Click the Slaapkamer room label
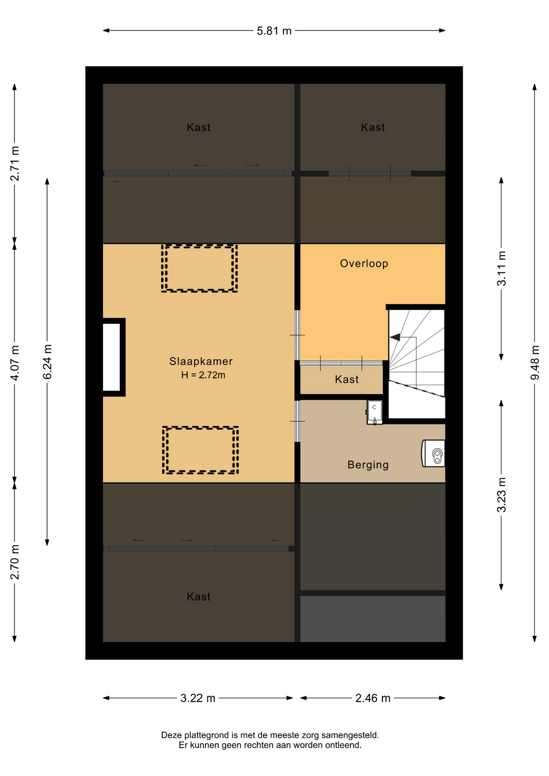point(201,361)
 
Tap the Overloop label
point(364,264)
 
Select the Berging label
point(368,465)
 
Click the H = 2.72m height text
point(203,375)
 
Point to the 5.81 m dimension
point(274,31)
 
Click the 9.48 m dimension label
point(535,363)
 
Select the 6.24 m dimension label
point(47,362)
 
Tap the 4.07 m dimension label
point(15,363)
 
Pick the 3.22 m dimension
point(198,698)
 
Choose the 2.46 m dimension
point(373,698)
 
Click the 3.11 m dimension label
point(501,268)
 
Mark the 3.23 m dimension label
point(501,495)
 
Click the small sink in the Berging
point(374,412)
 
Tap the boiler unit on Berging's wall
point(433,453)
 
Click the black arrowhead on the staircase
point(395,337)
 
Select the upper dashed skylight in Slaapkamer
point(199,268)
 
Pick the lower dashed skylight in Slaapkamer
point(201,450)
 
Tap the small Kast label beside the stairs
point(347,380)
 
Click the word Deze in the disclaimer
point(171,735)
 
